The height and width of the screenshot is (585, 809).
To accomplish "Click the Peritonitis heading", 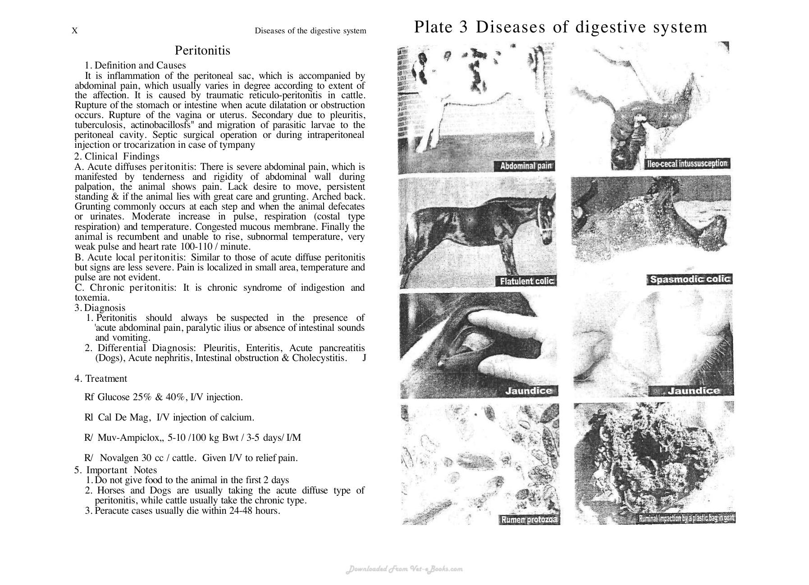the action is pyautogui.click(x=202, y=50).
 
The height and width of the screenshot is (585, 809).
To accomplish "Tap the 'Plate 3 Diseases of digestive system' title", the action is pyautogui.click(x=560, y=27).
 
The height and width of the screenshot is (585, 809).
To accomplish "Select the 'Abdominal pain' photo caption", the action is pyautogui.click(x=526, y=166).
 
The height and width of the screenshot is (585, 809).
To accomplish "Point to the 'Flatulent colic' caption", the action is pyautogui.click(x=526, y=281).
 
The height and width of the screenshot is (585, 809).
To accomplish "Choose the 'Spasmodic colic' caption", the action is pyautogui.click(x=690, y=279).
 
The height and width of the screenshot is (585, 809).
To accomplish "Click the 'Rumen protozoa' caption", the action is pyautogui.click(x=530, y=520).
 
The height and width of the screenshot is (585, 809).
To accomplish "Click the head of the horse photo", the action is pyautogui.click(x=547, y=215).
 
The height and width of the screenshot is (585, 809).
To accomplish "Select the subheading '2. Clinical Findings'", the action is pyautogui.click(x=117, y=156).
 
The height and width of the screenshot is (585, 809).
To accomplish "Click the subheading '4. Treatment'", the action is pyautogui.click(x=101, y=379).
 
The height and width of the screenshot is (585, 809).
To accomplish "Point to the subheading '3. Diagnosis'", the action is pyautogui.click(x=100, y=308).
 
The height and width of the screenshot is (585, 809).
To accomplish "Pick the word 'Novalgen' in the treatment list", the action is pyautogui.click(x=119, y=458).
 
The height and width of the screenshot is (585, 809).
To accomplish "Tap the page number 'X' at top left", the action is pyautogui.click(x=75, y=31).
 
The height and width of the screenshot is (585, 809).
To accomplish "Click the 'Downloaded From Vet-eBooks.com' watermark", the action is pyautogui.click(x=404, y=569).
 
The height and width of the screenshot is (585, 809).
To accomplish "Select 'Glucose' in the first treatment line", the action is pyautogui.click(x=114, y=397).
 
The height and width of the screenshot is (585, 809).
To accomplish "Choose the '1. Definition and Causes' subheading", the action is pyautogui.click(x=135, y=66).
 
